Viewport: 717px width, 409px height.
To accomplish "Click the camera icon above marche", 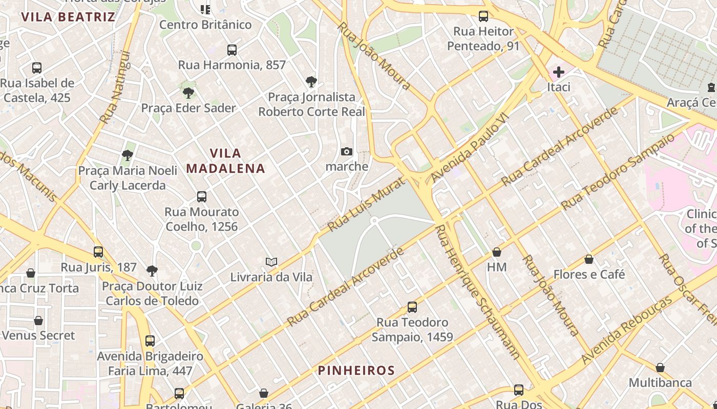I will pyautogui.click(x=347, y=151).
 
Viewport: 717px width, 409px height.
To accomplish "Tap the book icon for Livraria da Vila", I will pyautogui.click(x=271, y=262).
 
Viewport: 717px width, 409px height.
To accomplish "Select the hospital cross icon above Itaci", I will pyautogui.click(x=558, y=72).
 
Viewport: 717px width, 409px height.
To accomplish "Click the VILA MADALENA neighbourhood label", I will pyautogui.click(x=226, y=161).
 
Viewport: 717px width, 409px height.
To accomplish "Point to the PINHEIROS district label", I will pyautogui.click(x=356, y=371).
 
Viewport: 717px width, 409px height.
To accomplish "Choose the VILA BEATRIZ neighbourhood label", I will pyautogui.click(x=68, y=17).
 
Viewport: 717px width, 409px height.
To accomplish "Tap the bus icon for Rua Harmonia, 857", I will pyautogui.click(x=232, y=50).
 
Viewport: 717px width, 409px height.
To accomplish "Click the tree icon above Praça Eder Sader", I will pyautogui.click(x=188, y=93).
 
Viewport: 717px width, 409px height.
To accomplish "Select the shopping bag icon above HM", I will pyautogui.click(x=496, y=252).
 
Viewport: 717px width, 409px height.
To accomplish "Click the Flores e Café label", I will pyautogui.click(x=589, y=275).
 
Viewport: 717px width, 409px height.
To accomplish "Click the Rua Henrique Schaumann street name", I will pyautogui.click(x=477, y=291).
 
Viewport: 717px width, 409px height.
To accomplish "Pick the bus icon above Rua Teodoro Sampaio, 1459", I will pyautogui.click(x=412, y=307).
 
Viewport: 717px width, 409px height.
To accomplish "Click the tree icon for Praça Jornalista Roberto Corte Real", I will pyautogui.click(x=311, y=82).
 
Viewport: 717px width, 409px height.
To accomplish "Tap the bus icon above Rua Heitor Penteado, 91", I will pyautogui.click(x=483, y=16).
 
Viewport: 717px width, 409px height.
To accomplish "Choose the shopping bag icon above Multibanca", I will pyautogui.click(x=660, y=368).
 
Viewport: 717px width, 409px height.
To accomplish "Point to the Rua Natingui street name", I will pyautogui.click(x=115, y=87).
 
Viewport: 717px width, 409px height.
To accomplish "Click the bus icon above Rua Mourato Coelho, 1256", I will pyautogui.click(x=202, y=197).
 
